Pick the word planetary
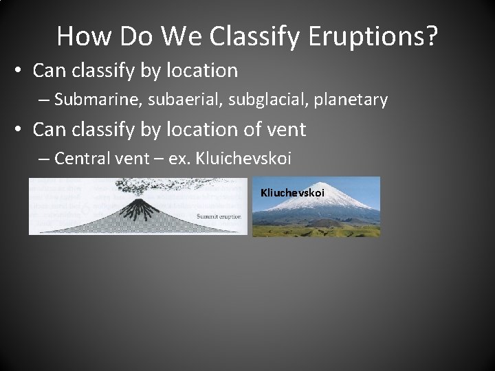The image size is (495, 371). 351,100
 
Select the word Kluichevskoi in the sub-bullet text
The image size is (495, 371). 244,159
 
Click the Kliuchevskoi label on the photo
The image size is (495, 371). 292,193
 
